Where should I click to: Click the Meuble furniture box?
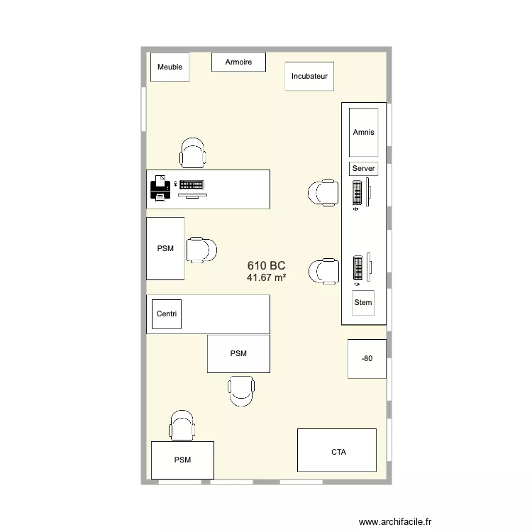point(170,67)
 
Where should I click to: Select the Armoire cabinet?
point(238,62)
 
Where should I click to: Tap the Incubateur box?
point(309,76)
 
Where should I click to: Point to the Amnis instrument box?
point(363,132)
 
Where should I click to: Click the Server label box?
point(363,169)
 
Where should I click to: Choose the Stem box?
point(363,303)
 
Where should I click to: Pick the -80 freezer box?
point(367,359)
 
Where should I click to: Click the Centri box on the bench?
point(167,314)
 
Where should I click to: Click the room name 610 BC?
point(266,265)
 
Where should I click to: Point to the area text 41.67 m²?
point(266,278)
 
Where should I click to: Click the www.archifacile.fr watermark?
point(394,521)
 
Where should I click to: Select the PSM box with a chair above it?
point(182,460)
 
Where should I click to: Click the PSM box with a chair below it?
point(238,354)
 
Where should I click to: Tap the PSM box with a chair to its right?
point(165,248)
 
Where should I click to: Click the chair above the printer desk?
point(193,153)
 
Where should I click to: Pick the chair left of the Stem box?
point(323,270)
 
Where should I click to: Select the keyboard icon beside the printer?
point(192,184)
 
